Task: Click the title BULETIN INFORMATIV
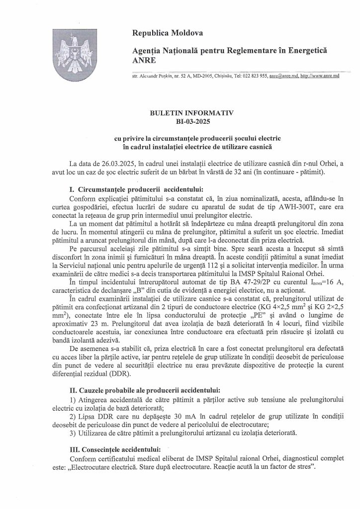pyautogui.click(x=191, y=113)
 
